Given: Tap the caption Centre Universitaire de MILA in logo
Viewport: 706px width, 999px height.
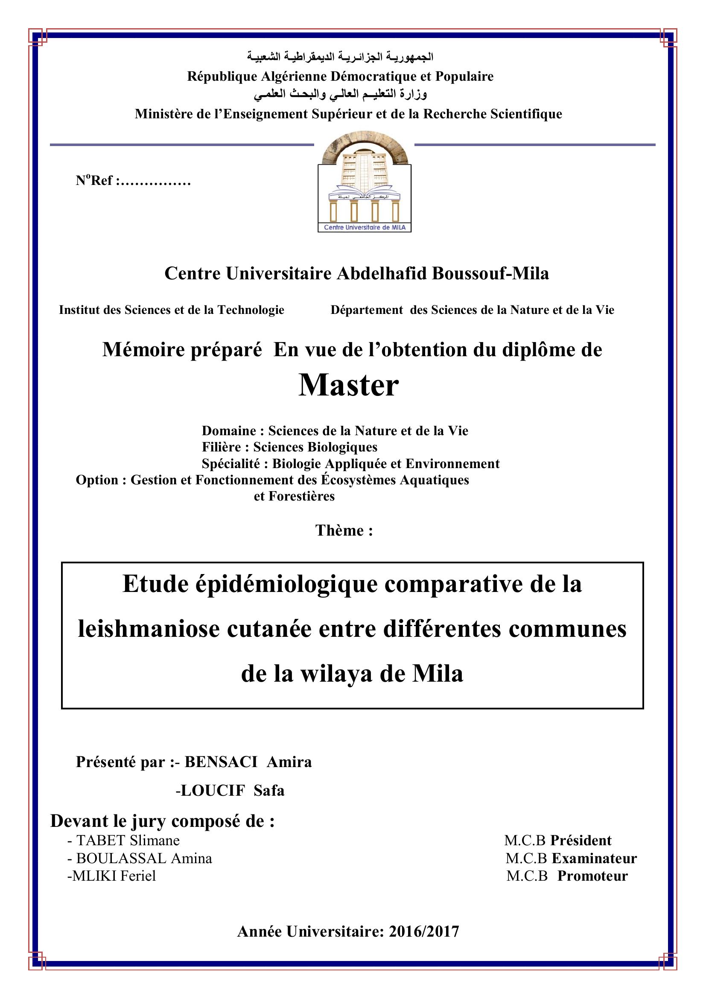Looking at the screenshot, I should pyautogui.click(x=364, y=227).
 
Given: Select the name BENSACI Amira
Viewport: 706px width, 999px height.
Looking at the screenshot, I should pyautogui.click(x=248, y=762).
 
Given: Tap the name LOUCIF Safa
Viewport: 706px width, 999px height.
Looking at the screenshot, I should pyautogui.click(x=230, y=790).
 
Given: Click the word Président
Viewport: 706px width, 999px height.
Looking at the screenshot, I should pyautogui.click(x=581, y=840).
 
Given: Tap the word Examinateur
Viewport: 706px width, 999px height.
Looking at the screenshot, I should pyautogui.click(x=594, y=858).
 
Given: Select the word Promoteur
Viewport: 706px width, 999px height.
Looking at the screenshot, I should pyautogui.click(x=592, y=876).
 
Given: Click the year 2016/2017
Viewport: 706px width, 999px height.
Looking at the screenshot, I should pyautogui.click(x=424, y=931).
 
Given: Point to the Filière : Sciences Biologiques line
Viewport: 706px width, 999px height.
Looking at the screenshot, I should pyautogui.click(x=289, y=447).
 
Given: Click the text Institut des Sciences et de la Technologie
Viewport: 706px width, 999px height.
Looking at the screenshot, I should pyautogui.click(x=171, y=310).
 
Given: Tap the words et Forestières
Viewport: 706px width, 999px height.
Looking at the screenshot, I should pyautogui.click(x=295, y=496).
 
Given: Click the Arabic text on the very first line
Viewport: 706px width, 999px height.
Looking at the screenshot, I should pyautogui.click(x=340, y=57).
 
